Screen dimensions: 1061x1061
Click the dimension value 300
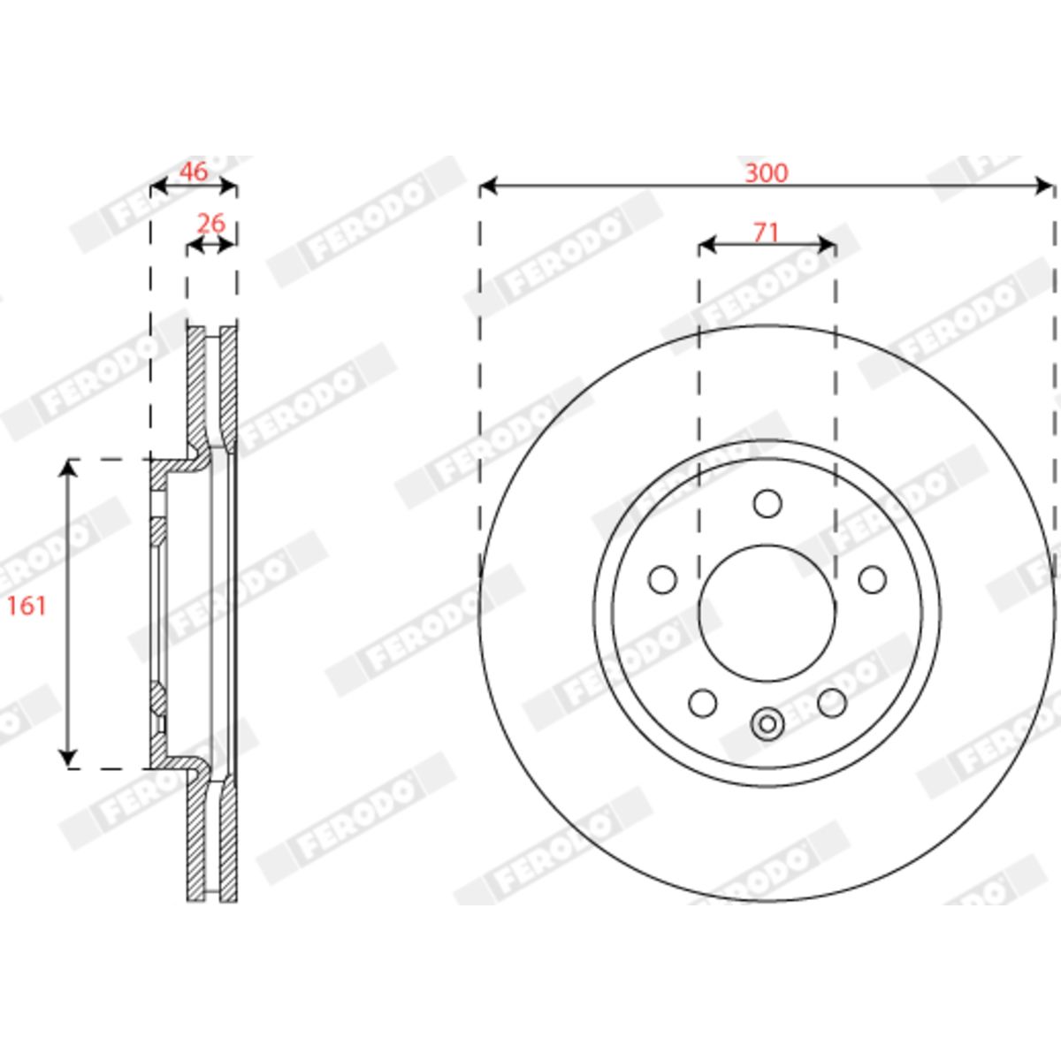[767, 173]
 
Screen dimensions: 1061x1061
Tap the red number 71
[767, 233]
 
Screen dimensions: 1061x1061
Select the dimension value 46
[195, 172]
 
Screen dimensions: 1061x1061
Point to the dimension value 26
[211, 223]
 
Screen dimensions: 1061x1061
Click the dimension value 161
[27, 607]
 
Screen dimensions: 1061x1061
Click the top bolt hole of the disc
[767, 503]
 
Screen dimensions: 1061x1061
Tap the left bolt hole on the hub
[662, 580]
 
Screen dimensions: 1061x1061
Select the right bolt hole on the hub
[873, 580]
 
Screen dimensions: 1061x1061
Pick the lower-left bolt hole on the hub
[703, 703]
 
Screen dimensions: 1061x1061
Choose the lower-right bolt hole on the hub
[832, 703]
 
